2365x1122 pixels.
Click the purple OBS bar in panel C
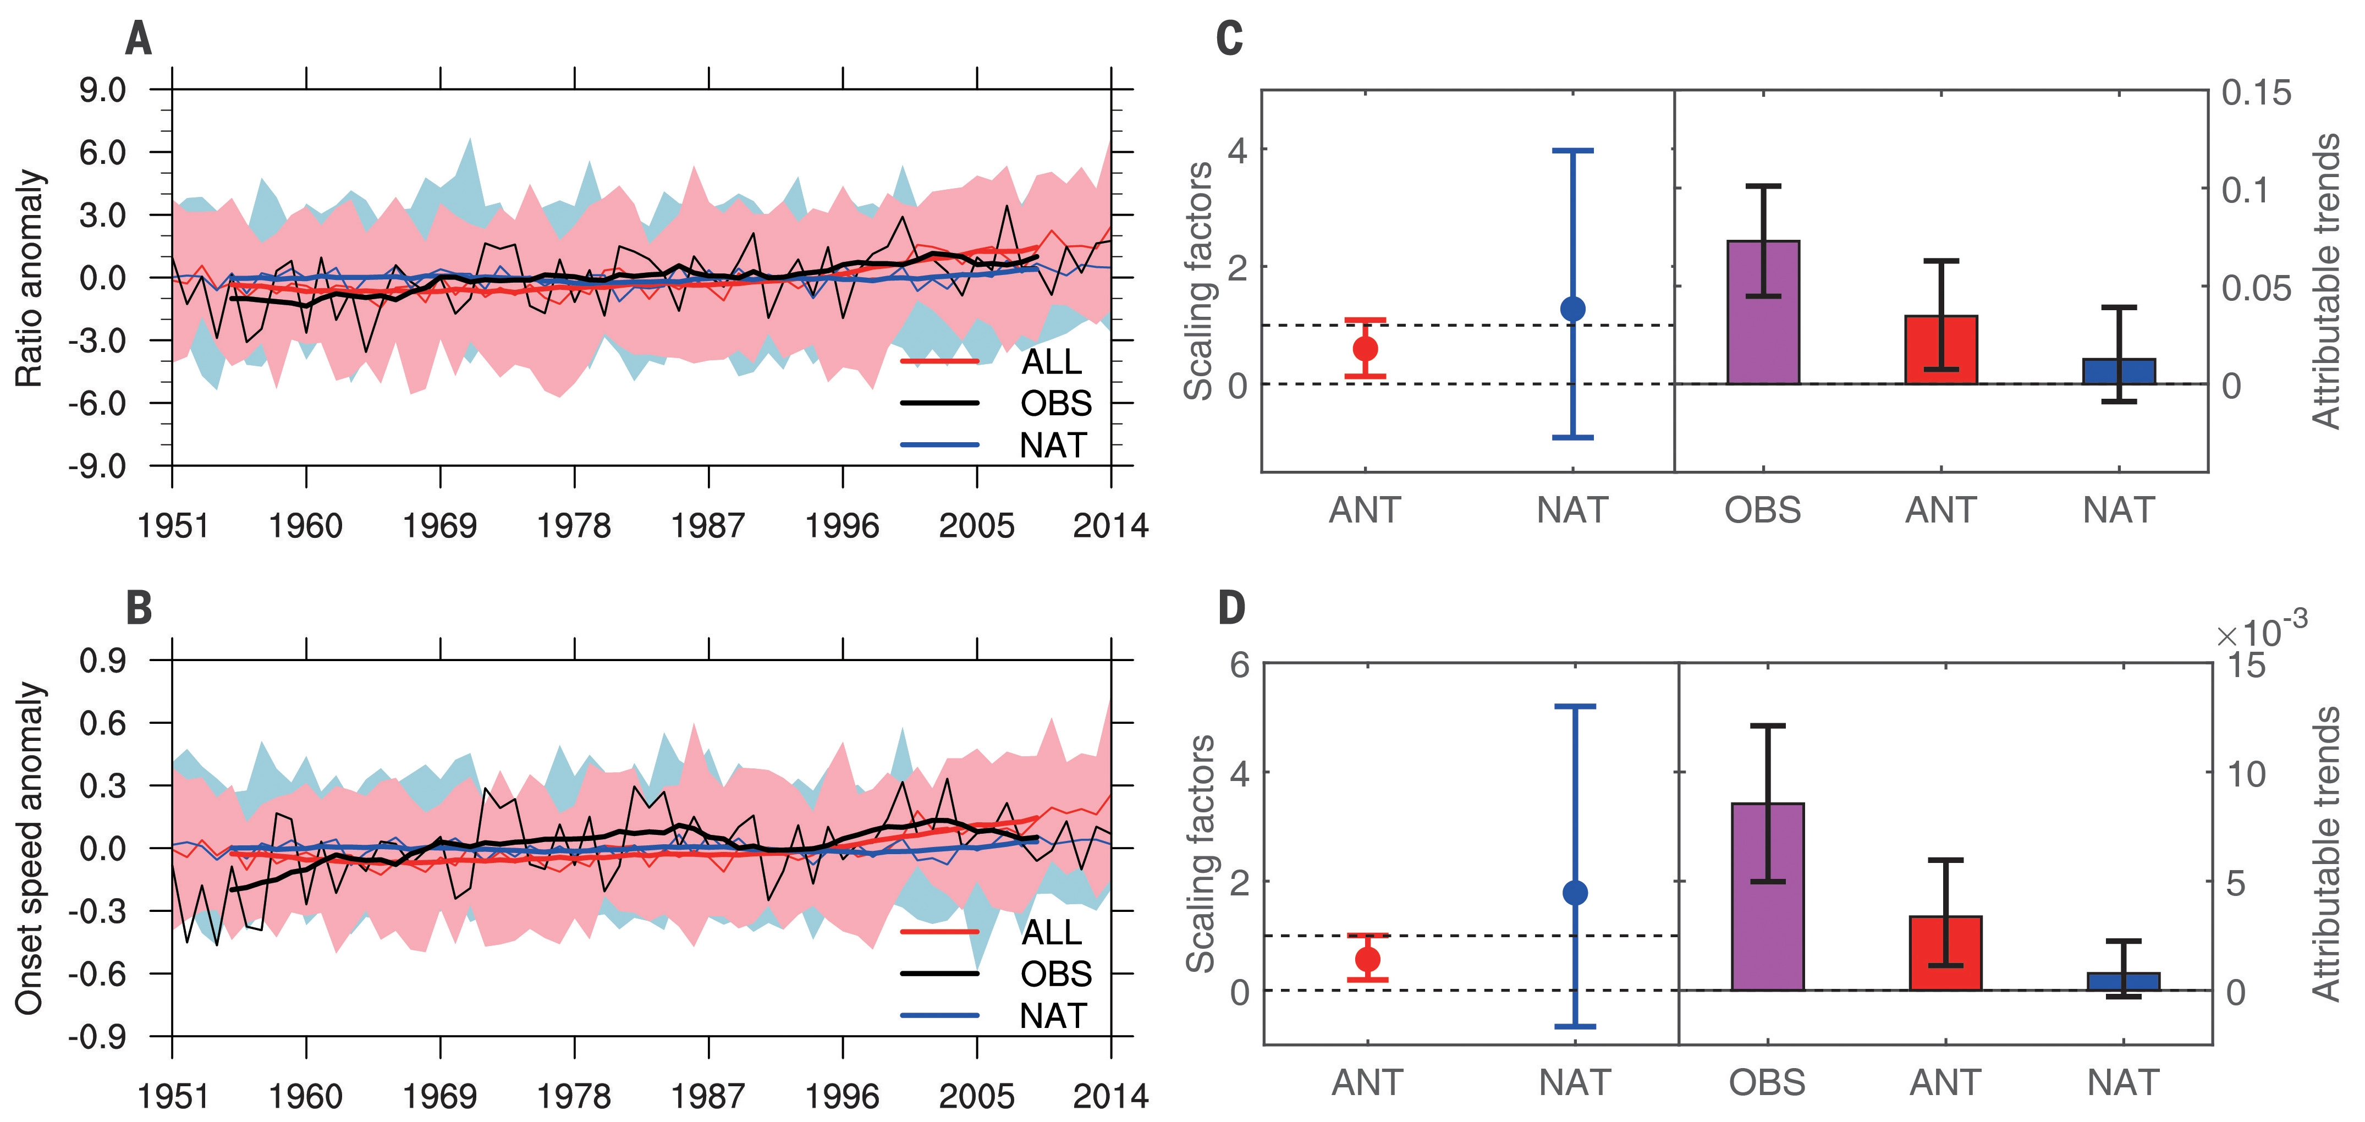[1763, 312]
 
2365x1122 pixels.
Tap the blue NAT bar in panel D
[2124, 982]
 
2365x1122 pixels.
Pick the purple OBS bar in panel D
[1767, 896]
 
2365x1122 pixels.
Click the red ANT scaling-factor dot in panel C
[1365, 349]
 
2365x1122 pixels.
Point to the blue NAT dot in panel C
[1572, 309]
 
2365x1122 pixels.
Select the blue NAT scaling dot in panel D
[1575, 893]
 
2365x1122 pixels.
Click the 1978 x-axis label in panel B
[574, 1096]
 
